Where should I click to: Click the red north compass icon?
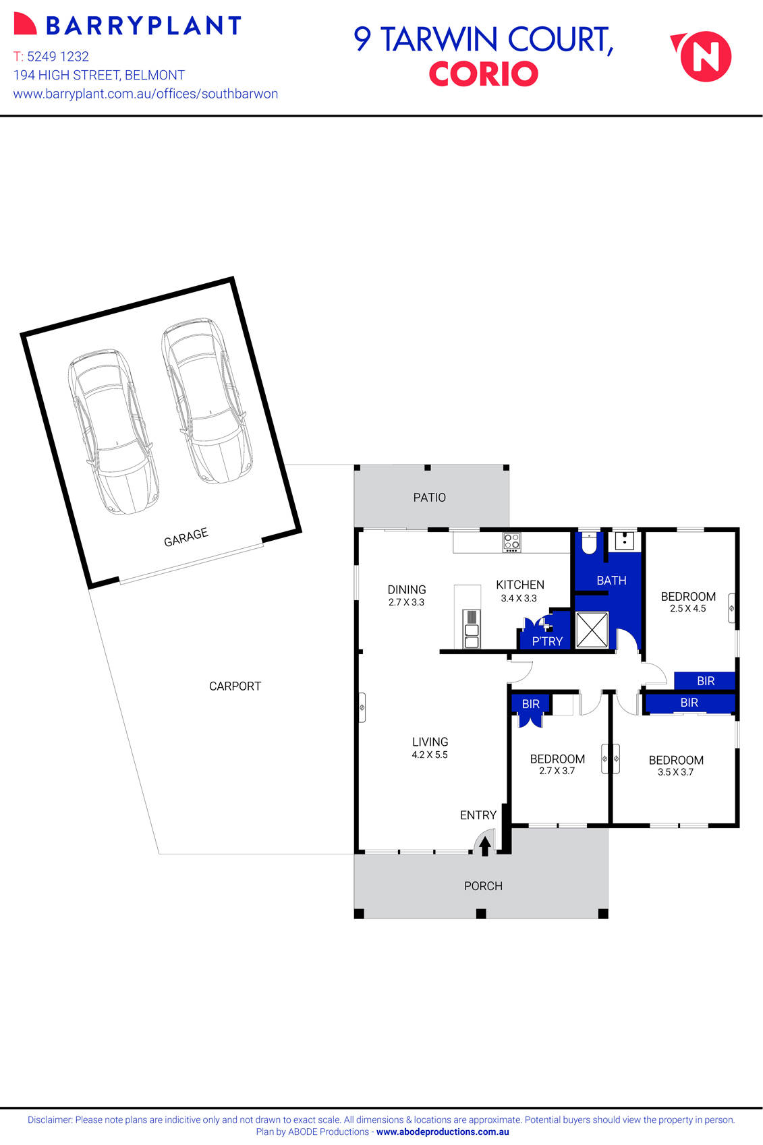coord(704,57)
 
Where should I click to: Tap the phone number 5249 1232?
coord(58,57)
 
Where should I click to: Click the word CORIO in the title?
coord(483,74)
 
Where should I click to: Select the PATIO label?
coord(429,498)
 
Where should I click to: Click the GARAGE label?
coord(186,537)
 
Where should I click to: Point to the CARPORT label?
coord(235,686)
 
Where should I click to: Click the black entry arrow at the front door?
coord(484,846)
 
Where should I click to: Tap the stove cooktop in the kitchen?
coord(511,542)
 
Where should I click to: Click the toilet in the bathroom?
coord(590,544)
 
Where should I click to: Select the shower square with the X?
coord(592,630)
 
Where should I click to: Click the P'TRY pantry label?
coord(546,641)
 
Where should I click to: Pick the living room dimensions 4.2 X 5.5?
coord(430,755)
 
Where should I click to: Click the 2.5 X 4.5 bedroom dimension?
coord(687,608)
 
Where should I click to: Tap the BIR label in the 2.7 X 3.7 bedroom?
coord(531,704)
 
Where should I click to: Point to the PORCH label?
coord(483,886)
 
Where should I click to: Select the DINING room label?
coord(406,589)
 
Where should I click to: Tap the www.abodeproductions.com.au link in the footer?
coord(443,1132)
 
